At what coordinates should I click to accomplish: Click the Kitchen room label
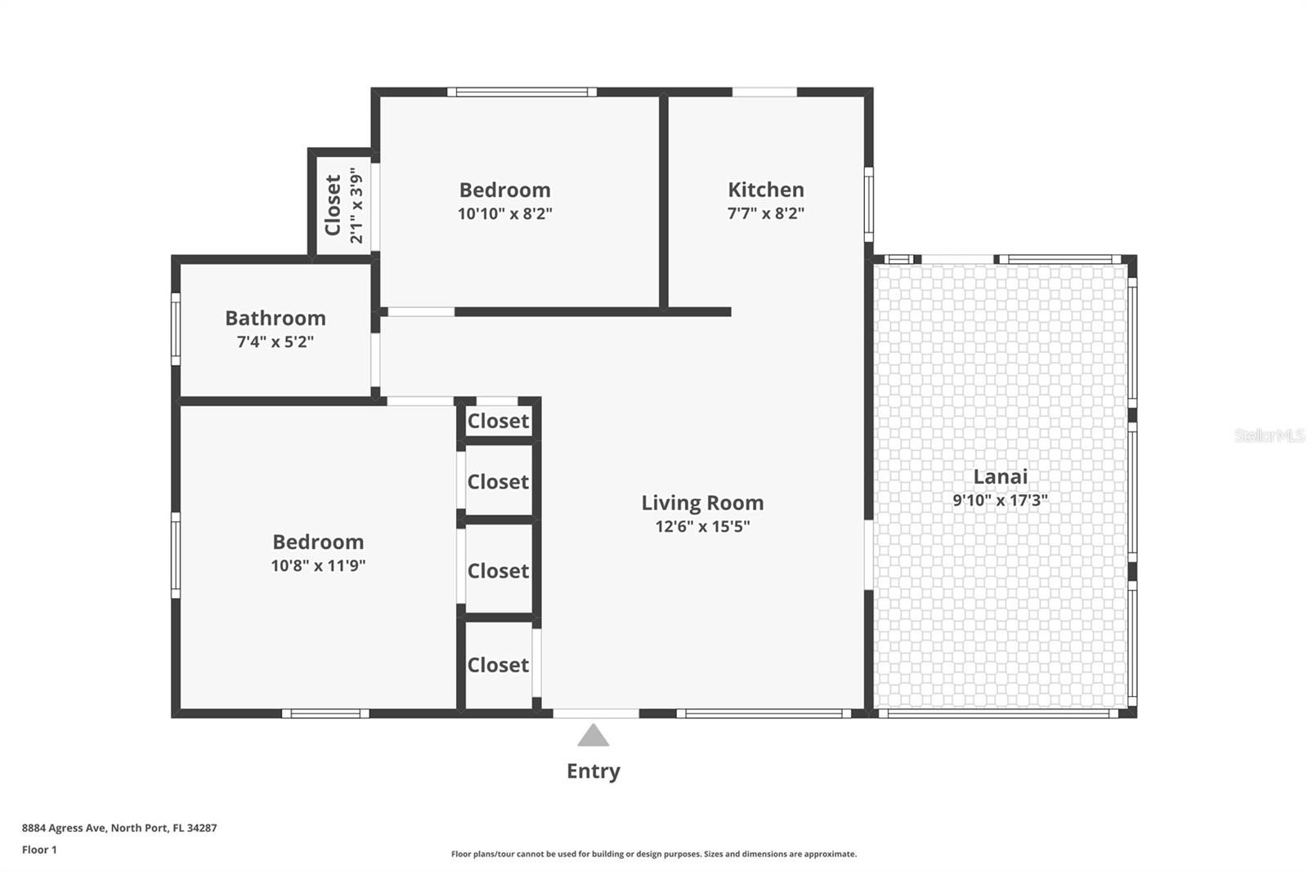tap(765, 190)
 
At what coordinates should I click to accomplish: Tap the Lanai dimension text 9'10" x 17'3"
tap(1000, 500)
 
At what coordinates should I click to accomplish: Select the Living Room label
tap(702, 502)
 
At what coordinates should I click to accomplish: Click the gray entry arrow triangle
tap(594, 735)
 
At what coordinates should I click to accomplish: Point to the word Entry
tap(594, 771)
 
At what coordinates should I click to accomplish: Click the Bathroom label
tap(275, 318)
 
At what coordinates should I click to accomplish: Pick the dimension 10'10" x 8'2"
tap(505, 213)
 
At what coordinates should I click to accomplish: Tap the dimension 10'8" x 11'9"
tap(318, 565)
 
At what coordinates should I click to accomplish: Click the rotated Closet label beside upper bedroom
tap(333, 205)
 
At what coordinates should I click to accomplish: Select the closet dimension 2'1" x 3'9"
tap(356, 205)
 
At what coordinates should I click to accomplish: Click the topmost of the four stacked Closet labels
tap(498, 421)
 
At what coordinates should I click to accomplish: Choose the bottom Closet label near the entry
tap(498, 665)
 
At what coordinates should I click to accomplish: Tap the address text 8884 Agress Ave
tap(65, 828)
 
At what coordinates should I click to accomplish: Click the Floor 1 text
tap(40, 850)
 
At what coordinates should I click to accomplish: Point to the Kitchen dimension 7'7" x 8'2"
tap(765, 213)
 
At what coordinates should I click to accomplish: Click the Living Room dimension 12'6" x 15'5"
tap(702, 526)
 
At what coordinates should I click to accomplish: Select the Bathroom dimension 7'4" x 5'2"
tap(275, 342)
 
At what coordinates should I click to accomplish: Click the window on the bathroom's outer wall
tap(175, 329)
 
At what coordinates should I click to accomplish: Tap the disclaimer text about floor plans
tap(654, 854)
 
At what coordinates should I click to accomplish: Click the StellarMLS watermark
tap(1270, 435)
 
